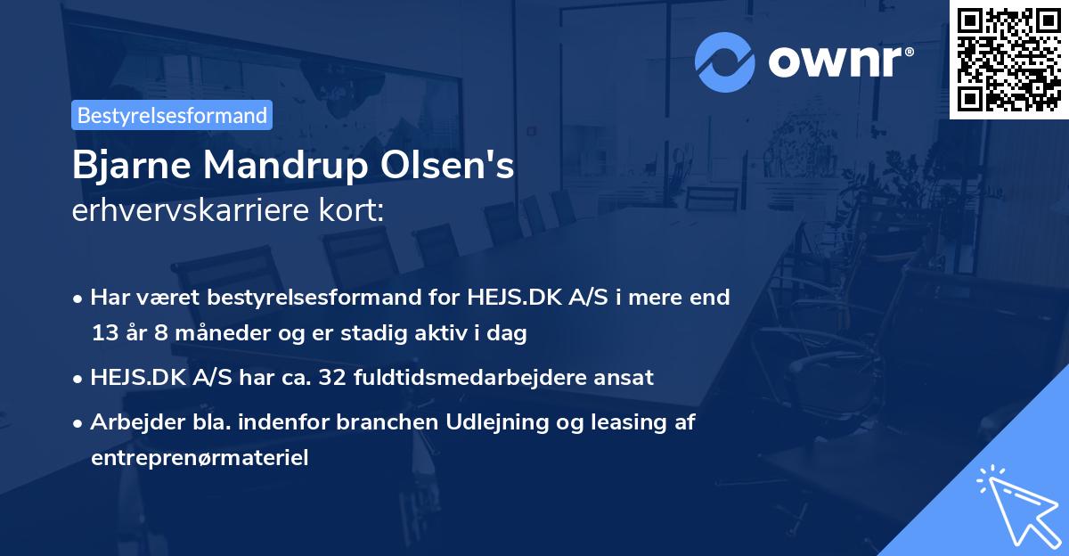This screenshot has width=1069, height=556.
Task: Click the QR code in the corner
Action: [x=1009, y=59]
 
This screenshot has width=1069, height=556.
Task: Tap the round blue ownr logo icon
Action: [x=726, y=61]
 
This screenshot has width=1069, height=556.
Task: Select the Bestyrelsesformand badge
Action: [x=172, y=115]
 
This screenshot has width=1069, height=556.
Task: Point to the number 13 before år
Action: [x=104, y=334]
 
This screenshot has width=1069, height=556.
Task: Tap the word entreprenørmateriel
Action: [x=199, y=459]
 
